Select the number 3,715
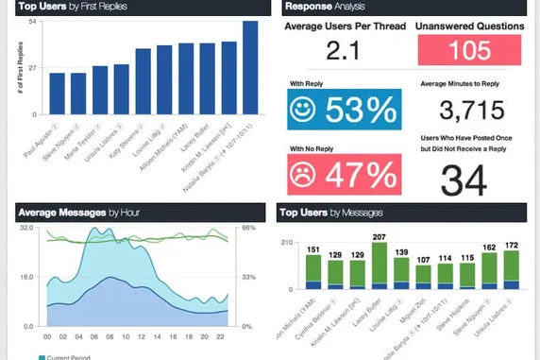pyautogui.click(x=471, y=111)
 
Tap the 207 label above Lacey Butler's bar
pyautogui.click(x=380, y=236)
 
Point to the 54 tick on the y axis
pyautogui.click(x=32, y=21)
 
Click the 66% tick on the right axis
pyautogui.click(x=248, y=229)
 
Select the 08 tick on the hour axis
pyautogui.click(x=110, y=336)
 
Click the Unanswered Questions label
pyautogui.click(x=470, y=27)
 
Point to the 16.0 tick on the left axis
pyautogui.click(x=26, y=278)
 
